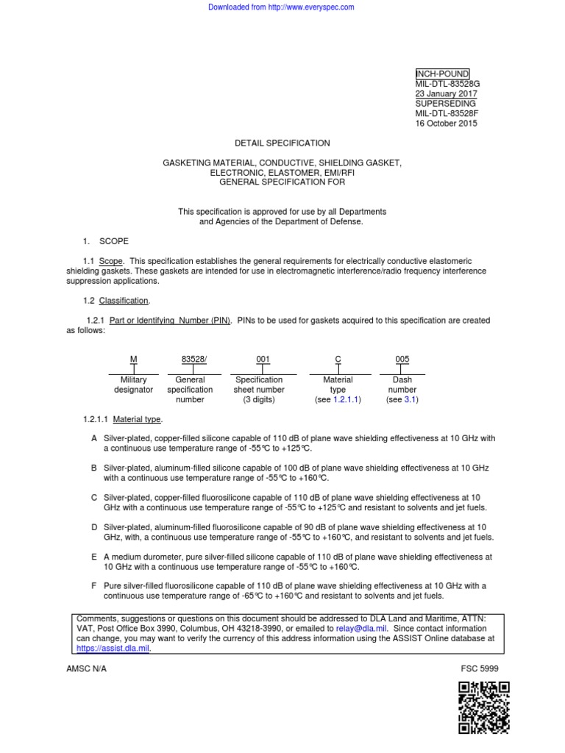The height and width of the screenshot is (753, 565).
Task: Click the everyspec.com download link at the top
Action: click(x=282, y=7)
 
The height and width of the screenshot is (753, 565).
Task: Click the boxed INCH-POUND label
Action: click(x=442, y=74)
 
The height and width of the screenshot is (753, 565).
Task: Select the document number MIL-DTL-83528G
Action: click(x=447, y=84)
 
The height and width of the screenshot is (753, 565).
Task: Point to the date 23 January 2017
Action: click(x=447, y=94)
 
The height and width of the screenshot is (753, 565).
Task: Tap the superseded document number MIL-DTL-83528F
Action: click(x=446, y=114)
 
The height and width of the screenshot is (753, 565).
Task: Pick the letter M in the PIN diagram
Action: click(x=133, y=359)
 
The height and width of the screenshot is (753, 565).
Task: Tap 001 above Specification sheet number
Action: click(x=263, y=359)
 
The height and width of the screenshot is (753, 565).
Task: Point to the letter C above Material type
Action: click(x=338, y=359)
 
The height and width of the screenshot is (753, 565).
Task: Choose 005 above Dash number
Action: click(x=402, y=359)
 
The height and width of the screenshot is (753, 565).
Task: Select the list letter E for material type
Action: click(x=94, y=557)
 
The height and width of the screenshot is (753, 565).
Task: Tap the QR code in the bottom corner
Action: click(x=483, y=707)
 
